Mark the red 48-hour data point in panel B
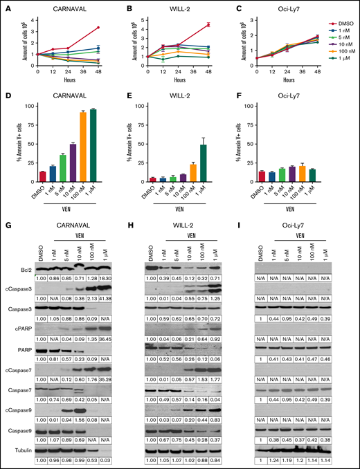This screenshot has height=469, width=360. (x=208, y=25)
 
